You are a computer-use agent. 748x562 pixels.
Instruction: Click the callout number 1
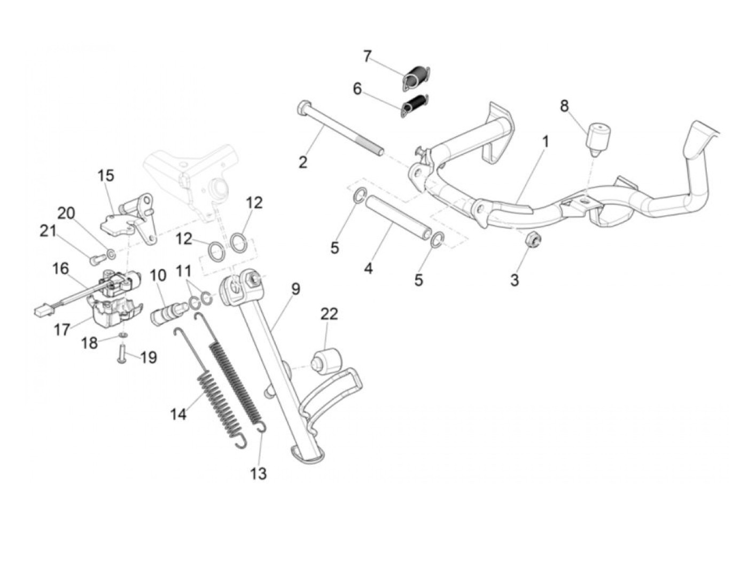pyautogui.click(x=546, y=142)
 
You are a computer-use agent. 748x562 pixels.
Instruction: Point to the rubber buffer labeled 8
pyautogui.click(x=598, y=137)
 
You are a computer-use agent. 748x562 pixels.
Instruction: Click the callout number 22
pyautogui.click(x=329, y=314)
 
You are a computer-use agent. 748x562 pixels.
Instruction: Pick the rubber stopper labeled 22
pyautogui.click(x=327, y=361)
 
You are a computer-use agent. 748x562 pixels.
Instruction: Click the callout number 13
pyautogui.click(x=259, y=473)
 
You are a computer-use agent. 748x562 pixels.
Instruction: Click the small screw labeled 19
pyautogui.click(x=121, y=354)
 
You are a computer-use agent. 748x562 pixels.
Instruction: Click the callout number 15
pyautogui.click(x=106, y=175)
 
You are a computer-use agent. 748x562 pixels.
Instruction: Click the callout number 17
pyautogui.click(x=62, y=329)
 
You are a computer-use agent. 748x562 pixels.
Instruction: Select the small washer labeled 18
pyautogui.click(x=122, y=335)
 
